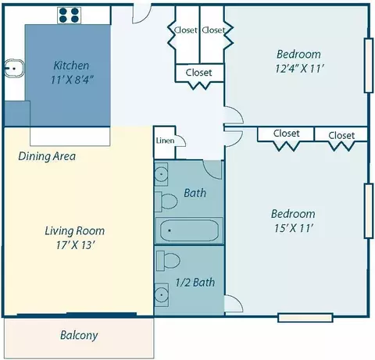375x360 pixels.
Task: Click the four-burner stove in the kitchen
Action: click(x=69, y=16)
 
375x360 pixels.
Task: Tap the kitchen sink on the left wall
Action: click(x=14, y=69)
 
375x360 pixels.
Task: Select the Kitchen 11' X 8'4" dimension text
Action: click(x=72, y=80)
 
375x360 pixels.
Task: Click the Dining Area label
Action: click(x=47, y=156)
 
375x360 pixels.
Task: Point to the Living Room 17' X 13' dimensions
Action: click(x=75, y=245)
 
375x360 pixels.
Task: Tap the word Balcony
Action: click(x=79, y=335)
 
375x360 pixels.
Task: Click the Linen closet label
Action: click(x=165, y=141)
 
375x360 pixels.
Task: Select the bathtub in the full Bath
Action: click(x=189, y=230)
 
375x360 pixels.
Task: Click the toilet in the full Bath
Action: click(x=166, y=201)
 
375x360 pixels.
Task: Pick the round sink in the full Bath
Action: click(x=162, y=174)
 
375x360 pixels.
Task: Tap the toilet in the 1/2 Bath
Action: click(x=168, y=261)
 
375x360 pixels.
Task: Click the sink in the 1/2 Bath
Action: click(x=162, y=294)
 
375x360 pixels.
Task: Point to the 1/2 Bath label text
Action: click(x=195, y=283)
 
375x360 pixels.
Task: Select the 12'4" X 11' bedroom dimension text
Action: click(x=299, y=69)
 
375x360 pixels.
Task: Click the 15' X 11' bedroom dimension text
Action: click(x=294, y=228)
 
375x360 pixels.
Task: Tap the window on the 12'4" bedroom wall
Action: click(x=369, y=66)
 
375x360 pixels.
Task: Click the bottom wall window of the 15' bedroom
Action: click(x=305, y=318)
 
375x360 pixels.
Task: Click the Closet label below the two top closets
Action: click(x=198, y=73)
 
